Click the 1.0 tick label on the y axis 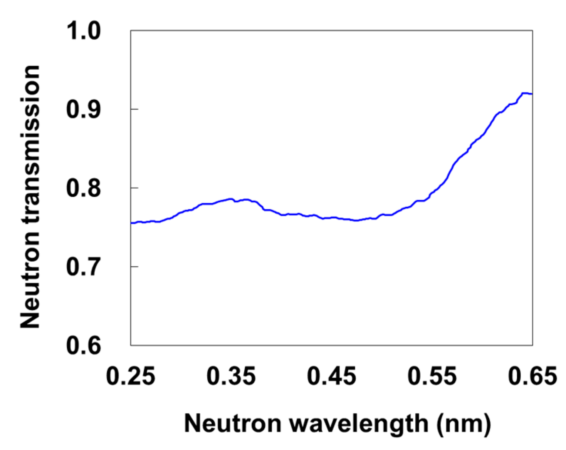[84, 31]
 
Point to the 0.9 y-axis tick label [84, 109]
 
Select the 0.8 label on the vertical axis [84, 188]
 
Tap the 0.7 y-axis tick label [84, 267]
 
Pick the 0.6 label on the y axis [84, 345]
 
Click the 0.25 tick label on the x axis [131, 376]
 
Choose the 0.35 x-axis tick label [231, 376]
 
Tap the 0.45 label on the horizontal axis [332, 376]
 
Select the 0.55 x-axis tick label [432, 376]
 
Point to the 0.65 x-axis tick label [532, 376]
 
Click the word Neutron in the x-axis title [233, 424]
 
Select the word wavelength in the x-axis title [359, 424]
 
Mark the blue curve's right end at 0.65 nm [532, 94]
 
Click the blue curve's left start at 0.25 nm [131, 223]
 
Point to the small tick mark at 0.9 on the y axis [134, 109]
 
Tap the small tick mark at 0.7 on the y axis [134, 266]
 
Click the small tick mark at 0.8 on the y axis [134, 188]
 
